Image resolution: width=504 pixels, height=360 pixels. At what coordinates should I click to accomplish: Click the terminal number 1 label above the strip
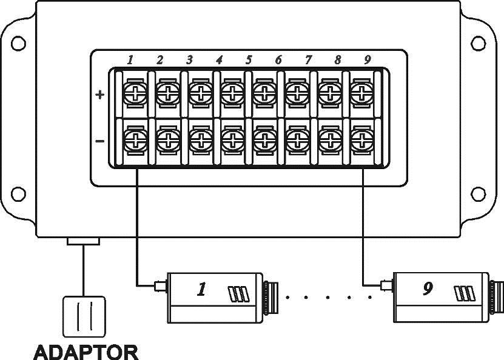130,60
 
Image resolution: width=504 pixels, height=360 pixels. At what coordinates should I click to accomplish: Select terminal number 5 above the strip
249,60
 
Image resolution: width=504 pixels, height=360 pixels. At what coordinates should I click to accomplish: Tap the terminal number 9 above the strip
368,60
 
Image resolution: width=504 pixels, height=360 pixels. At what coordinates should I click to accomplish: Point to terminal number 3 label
189,60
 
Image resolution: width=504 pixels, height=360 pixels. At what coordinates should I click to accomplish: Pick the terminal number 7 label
308,60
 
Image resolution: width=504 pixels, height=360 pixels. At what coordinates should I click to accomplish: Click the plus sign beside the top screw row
100,95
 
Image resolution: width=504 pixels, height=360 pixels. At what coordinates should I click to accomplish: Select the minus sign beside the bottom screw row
100,141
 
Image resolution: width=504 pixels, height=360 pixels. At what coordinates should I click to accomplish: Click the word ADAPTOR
86,352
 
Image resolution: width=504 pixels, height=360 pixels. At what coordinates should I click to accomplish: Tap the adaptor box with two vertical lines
84,316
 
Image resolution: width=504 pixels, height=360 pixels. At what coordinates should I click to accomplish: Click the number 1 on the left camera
201,289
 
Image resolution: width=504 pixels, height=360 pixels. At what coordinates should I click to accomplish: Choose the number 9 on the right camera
428,288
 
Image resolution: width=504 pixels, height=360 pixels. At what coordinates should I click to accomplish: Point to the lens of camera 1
270,298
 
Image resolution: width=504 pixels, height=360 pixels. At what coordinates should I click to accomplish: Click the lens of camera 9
496,298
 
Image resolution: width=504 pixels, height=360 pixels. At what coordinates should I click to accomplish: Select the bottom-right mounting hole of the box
478,194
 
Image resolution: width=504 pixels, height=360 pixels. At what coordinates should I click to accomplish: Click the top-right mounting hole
478,44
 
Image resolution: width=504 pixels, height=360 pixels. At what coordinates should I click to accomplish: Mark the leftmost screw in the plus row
135,94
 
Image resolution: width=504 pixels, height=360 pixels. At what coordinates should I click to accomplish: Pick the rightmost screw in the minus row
362,141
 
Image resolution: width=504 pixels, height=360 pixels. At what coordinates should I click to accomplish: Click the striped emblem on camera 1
238,294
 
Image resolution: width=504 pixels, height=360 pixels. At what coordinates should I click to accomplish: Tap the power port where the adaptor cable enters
83,241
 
